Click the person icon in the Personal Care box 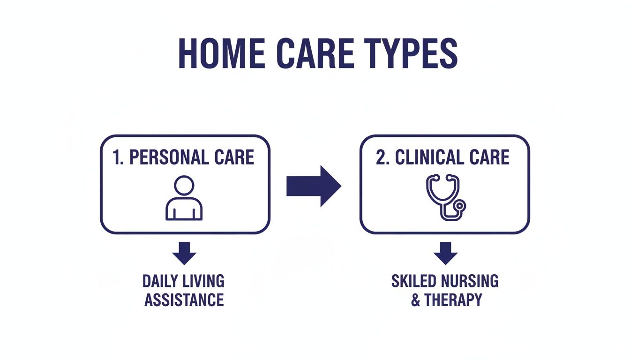pos(184,198)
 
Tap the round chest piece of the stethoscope pos(461,205)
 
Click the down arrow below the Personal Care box pos(184,253)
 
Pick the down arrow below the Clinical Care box pos(445,253)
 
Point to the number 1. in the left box pos(119,157)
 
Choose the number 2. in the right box pos(382,157)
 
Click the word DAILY pos(159,281)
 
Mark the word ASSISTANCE pos(184,300)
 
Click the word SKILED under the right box pos(412,281)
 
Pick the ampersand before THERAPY pos(416,300)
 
